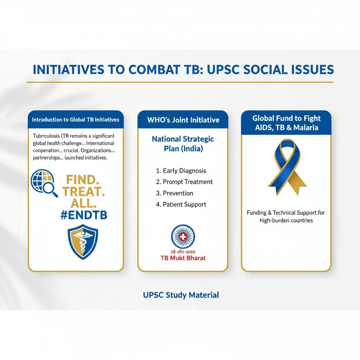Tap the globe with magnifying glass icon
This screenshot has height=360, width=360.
click(x=44, y=182)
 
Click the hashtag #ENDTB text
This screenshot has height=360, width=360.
click(x=84, y=216)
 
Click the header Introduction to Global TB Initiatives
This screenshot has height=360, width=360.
click(x=76, y=120)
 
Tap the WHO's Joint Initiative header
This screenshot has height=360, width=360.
click(x=183, y=120)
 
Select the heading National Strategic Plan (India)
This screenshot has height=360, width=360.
click(x=183, y=143)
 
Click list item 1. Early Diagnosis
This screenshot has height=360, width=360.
click(x=181, y=171)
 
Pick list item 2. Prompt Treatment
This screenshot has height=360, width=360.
click(x=184, y=182)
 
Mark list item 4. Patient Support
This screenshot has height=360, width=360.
click(x=181, y=204)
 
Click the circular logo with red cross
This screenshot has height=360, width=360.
click(x=182, y=237)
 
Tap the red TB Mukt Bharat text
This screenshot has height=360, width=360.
click(x=182, y=258)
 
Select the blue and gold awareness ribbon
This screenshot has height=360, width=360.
click(x=286, y=167)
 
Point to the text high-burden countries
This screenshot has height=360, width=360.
click(x=286, y=220)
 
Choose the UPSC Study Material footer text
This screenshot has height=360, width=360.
click(x=181, y=295)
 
